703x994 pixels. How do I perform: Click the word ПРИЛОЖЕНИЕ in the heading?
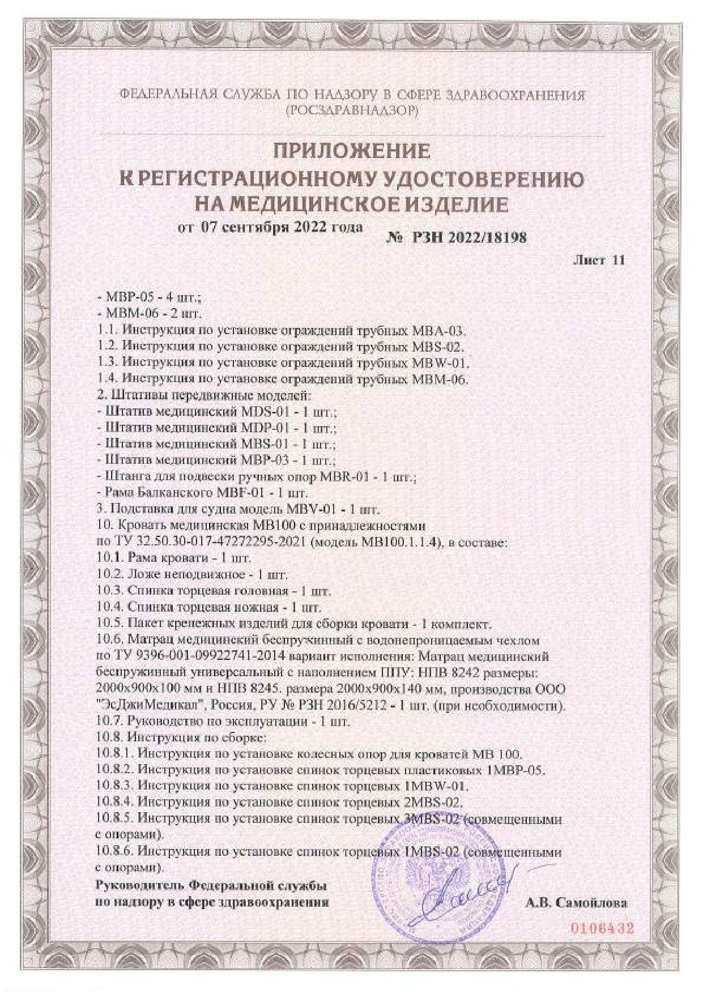(x=352, y=151)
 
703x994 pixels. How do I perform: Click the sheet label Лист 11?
(x=599, y=261)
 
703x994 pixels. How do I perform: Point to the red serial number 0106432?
(x=600, y=929)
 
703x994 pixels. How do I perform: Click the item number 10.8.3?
(x=114, y=786)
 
